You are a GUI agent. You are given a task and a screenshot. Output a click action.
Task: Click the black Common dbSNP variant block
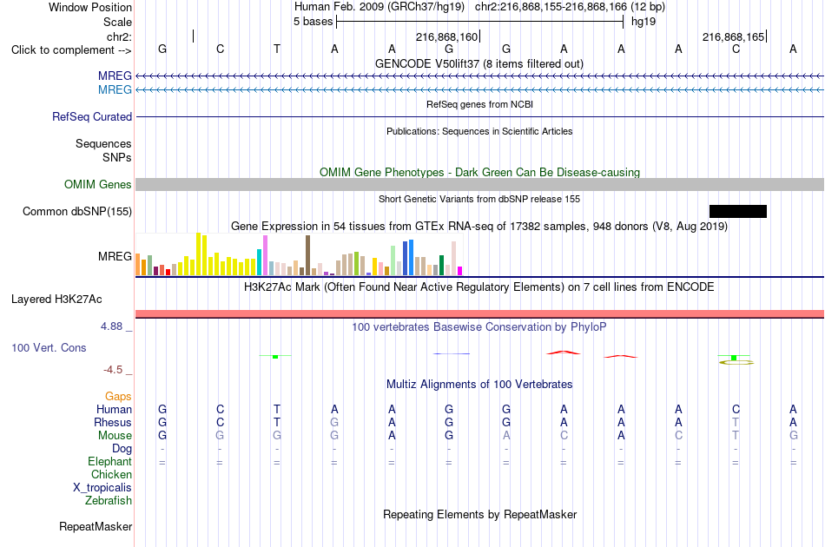point(737,212)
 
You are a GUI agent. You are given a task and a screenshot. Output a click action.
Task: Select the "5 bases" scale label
point(313,22)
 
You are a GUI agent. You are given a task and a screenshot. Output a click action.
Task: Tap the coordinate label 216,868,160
point(446,36)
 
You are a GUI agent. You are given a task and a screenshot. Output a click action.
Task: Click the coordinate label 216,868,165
point(733,36)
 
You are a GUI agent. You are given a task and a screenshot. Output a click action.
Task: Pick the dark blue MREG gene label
point(115,76)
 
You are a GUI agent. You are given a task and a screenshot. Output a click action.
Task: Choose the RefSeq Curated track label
point(92,116)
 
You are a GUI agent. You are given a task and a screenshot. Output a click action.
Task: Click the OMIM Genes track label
point(98,185)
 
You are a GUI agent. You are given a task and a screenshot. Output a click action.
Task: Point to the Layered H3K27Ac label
point(56,300)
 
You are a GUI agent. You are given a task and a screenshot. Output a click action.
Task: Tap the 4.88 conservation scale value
point(111,326)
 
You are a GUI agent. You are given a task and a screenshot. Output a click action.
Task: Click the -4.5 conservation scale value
point(113,370)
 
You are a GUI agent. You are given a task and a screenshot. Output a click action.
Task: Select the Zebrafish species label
point(109,501)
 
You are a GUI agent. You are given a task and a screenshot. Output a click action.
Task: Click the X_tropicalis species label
point(102,488)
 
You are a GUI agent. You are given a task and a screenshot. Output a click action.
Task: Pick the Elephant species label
point(109,461)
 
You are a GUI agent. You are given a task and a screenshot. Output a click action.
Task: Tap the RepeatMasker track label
point(96,526)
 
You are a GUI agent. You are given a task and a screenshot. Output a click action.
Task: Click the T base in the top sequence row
point(277,49)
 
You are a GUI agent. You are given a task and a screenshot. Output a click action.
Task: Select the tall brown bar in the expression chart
point(307,255)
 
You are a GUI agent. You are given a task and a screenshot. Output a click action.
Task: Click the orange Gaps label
point(118,397)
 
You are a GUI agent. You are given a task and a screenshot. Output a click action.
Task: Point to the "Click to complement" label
point(63,50)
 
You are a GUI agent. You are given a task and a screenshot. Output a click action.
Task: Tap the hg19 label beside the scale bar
point(643,22)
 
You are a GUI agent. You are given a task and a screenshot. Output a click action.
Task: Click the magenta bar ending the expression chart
point(460,272)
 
